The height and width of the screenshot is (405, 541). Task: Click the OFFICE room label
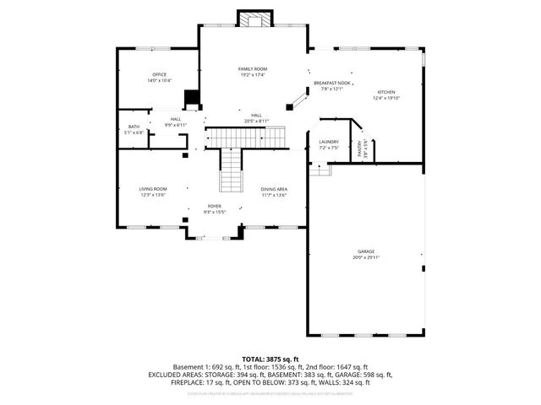(160, 75)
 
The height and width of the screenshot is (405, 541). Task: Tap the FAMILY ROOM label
(252, 68)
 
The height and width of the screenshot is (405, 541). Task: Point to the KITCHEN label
(386, 91)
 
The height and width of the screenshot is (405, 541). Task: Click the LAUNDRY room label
(329, 142)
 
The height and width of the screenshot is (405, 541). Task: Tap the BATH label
(134, 127)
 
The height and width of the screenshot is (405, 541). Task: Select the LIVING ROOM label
(153, 189)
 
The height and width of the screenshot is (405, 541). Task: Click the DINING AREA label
(274, 189)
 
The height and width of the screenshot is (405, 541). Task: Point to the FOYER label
(216, 205)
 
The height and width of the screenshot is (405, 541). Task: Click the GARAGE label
(365, 251)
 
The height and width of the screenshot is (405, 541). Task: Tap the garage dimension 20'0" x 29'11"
(365, 257)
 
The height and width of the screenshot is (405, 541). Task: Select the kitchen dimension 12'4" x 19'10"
(386, 97)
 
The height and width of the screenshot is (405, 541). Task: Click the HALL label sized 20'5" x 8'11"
(256, 115)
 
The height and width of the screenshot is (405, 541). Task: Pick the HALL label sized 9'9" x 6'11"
(176, 119)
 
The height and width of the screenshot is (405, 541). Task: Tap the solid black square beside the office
(192, 97)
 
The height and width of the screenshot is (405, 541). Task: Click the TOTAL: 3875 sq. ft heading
(270, 359)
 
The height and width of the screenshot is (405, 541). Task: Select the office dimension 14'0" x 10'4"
(160, 81)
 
